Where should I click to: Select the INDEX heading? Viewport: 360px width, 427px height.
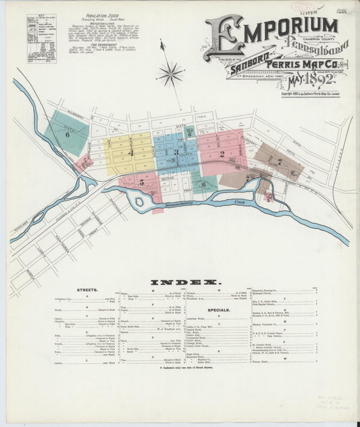[184, 281]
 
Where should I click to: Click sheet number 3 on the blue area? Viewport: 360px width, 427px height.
[176, 153]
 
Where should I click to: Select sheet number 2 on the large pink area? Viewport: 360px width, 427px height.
[222, 154]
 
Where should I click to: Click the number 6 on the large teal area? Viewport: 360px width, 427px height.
[68, 134]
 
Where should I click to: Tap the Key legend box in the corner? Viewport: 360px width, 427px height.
[41, 39]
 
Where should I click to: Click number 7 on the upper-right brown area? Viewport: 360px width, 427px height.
[278, 161]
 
